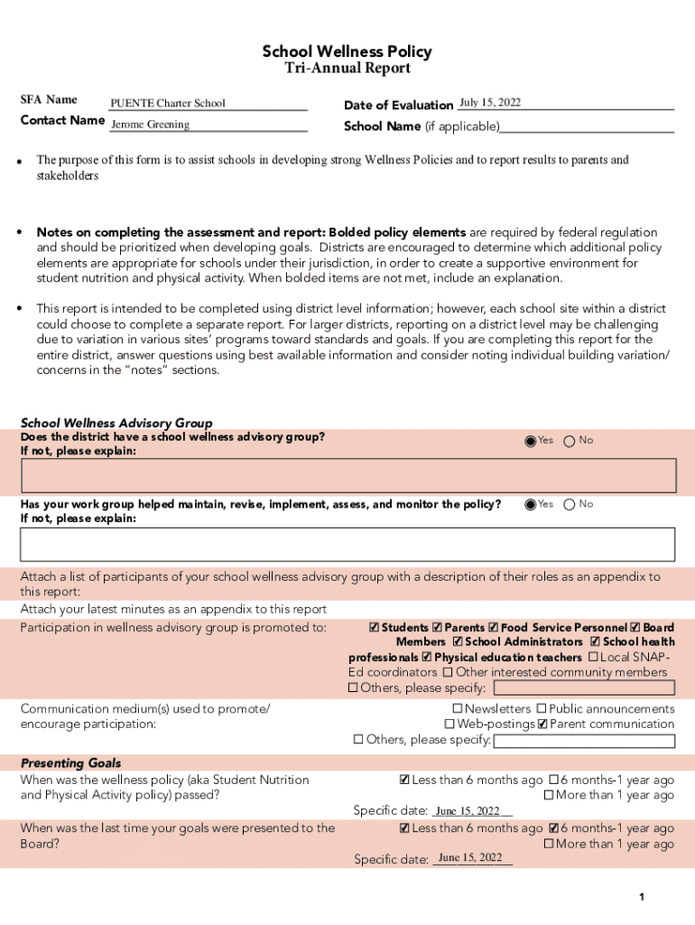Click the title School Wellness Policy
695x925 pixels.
[x=347, y=51]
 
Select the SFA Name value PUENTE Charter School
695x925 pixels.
[x=168, y=104]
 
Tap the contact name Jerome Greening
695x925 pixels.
[x=150, y=126]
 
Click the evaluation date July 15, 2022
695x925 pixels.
[x=490, y=103]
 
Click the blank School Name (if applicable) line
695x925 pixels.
[x=587, y=126]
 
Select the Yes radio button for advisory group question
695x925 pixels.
[x=531, y=442]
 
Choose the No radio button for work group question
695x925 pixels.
[x=570, y=505]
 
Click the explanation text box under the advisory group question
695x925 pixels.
[x=347, y=474]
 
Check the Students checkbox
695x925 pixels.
[x=375, y=628]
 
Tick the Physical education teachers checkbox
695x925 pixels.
[x=427, y=658]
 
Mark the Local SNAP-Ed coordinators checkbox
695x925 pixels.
[x=593, y=657]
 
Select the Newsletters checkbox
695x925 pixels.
[x=458, y=709]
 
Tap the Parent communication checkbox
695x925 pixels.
[x=542, y=724]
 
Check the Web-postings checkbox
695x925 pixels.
[x=449, y=724]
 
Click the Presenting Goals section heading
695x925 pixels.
[x=70, y=763]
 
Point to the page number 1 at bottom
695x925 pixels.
[x=641, y=897]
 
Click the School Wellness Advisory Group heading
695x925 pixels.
[x=116, y=423]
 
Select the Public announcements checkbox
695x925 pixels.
[x=542, y=709]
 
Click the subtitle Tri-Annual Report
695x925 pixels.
[x=347, y=69]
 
